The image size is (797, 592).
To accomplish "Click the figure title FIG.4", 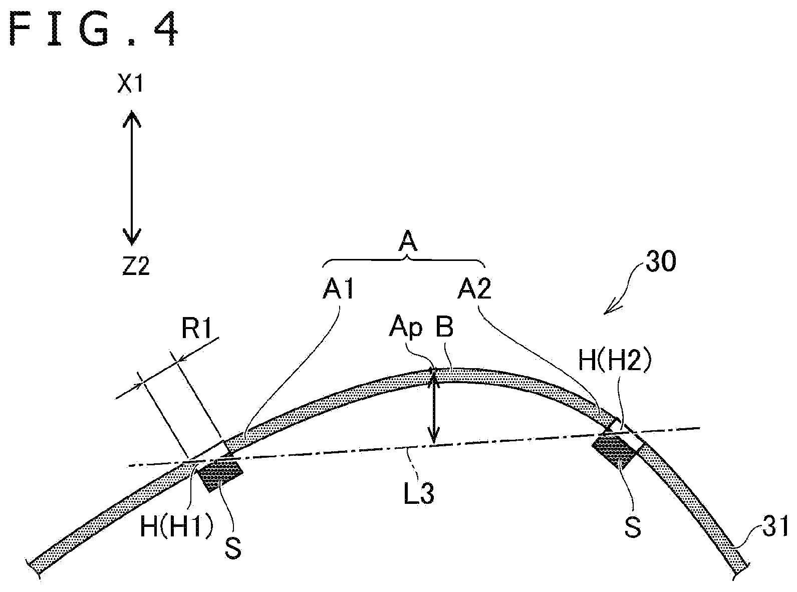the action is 94,29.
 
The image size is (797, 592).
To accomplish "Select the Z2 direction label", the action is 135,266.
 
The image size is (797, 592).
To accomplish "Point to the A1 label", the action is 338,289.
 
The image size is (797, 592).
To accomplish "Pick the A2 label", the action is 474,289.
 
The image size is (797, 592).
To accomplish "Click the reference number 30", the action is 660,261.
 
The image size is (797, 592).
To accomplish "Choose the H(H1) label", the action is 177,527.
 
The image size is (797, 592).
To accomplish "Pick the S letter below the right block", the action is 632,527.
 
